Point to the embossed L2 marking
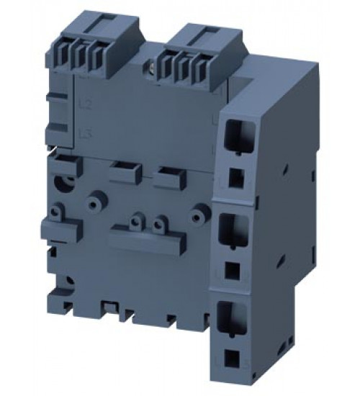[85, 105]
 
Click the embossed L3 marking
[85, 132]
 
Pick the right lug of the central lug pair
[159, 223]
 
